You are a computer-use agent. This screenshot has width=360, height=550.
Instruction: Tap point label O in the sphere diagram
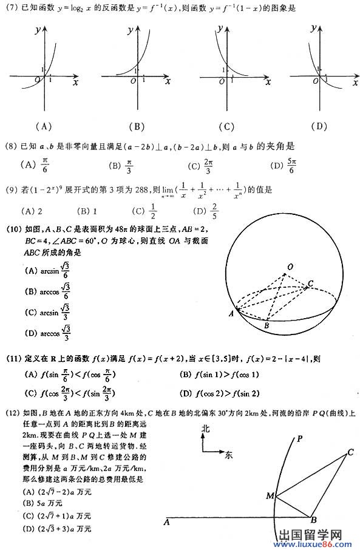291,266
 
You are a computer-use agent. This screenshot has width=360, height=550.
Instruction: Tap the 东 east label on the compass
228,453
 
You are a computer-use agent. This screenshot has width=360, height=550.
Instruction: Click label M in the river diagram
270,496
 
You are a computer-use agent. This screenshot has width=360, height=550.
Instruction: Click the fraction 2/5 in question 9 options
214,212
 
